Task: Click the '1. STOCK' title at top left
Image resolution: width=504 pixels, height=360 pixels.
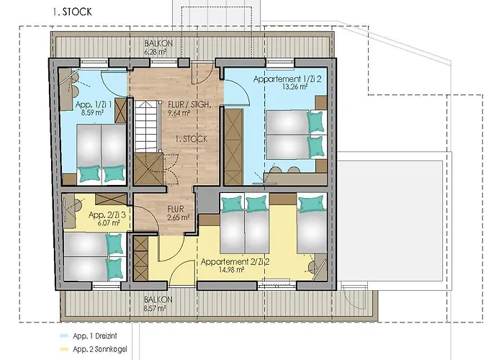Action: pyautogui.click(x=72, y=12)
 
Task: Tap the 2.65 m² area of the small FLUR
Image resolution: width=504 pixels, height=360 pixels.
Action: pyautogui.click(x=179, y=217)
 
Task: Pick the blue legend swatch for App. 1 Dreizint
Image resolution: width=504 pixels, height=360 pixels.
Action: pyautogui.click(x=64, y=336)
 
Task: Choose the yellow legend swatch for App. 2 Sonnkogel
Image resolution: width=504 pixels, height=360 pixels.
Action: pyautogui.click(x=64, y=349)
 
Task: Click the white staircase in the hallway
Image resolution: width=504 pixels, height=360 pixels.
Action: pyautogui.click(x=148, y=126)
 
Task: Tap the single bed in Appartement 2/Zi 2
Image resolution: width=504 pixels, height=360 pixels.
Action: pyautogui.click(x=312, y=222)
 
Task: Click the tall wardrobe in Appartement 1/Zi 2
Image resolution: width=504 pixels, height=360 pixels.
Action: pyautogui.click(x=233, y=147)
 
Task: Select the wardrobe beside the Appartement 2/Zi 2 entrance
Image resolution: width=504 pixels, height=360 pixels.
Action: pyautogui.click(x=140, y=258)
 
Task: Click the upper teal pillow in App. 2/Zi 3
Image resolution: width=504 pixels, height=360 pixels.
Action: pyautogui.click(x=114, y=245)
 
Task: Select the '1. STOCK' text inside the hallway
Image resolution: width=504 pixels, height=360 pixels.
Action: pyautogui.click(x=192, y=139)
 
